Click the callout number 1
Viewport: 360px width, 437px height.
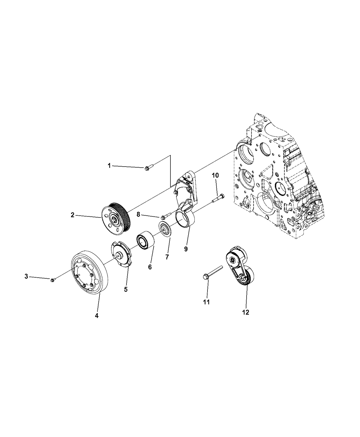[109, 166]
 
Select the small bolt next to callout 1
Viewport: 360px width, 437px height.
[148, 168]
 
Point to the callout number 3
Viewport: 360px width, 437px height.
[26, 277]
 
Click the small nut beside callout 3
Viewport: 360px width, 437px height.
[52, 280]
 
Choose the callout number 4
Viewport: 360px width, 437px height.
[97, 316]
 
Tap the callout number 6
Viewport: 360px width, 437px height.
[150, 267]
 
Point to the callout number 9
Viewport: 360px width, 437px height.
[186, 249]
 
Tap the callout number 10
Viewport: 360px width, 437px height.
[215, 175]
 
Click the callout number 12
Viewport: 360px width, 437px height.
[245, 312]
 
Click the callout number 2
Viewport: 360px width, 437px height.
[72, 215]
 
